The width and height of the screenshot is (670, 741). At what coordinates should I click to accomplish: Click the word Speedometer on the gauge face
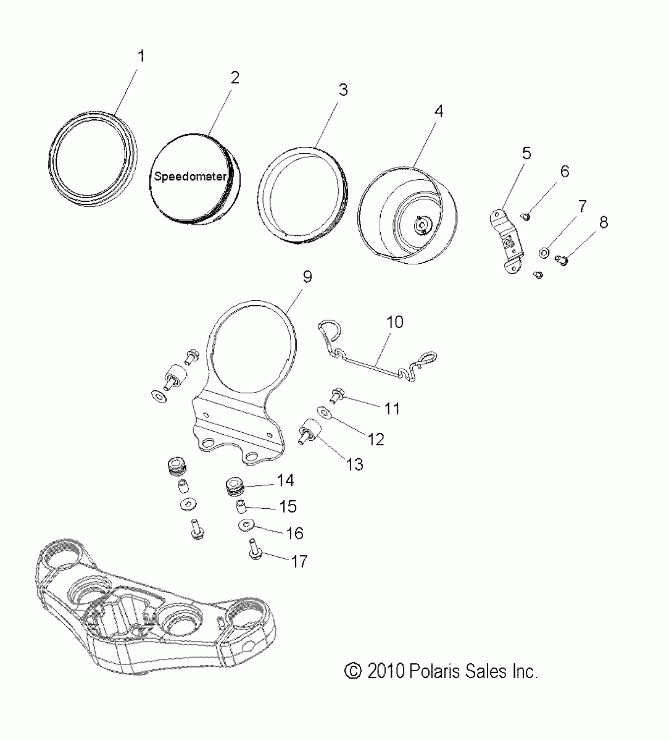tap(190, 176)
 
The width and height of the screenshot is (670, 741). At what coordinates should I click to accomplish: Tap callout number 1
tap(141, 56)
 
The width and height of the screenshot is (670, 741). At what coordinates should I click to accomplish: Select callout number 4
tap(439, 111)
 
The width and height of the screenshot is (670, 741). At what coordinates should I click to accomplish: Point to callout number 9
tap(307, 277)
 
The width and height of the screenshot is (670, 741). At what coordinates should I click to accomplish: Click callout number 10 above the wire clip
tap(395, 322)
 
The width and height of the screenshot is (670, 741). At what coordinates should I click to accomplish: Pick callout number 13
tap(355, 464)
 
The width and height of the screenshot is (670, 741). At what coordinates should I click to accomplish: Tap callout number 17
tap(300, 561)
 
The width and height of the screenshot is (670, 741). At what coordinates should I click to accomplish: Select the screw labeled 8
tap(562, 259)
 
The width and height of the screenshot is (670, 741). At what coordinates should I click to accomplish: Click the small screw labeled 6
tap(526, 216)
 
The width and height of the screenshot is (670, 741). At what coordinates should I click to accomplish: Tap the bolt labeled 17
tap(255, 551)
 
